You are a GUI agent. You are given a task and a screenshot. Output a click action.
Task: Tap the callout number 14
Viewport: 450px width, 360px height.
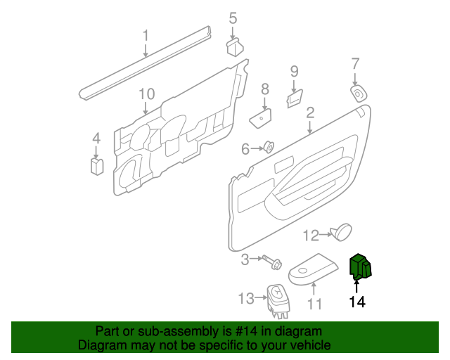357,302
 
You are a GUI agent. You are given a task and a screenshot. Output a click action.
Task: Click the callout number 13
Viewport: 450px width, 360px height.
245,299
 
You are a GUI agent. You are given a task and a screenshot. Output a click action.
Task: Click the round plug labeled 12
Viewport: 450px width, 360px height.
343,231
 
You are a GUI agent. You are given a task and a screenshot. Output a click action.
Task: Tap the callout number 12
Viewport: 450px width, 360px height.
311,235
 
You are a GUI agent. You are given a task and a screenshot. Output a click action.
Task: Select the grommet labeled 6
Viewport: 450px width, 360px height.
268,148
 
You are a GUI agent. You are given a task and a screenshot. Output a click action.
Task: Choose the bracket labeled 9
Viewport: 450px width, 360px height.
294,98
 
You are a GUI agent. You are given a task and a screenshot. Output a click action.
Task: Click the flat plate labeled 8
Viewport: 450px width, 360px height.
262,115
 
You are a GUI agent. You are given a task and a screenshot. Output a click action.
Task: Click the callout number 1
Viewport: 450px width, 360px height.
146,34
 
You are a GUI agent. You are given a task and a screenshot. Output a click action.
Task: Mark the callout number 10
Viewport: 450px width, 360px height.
146,94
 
